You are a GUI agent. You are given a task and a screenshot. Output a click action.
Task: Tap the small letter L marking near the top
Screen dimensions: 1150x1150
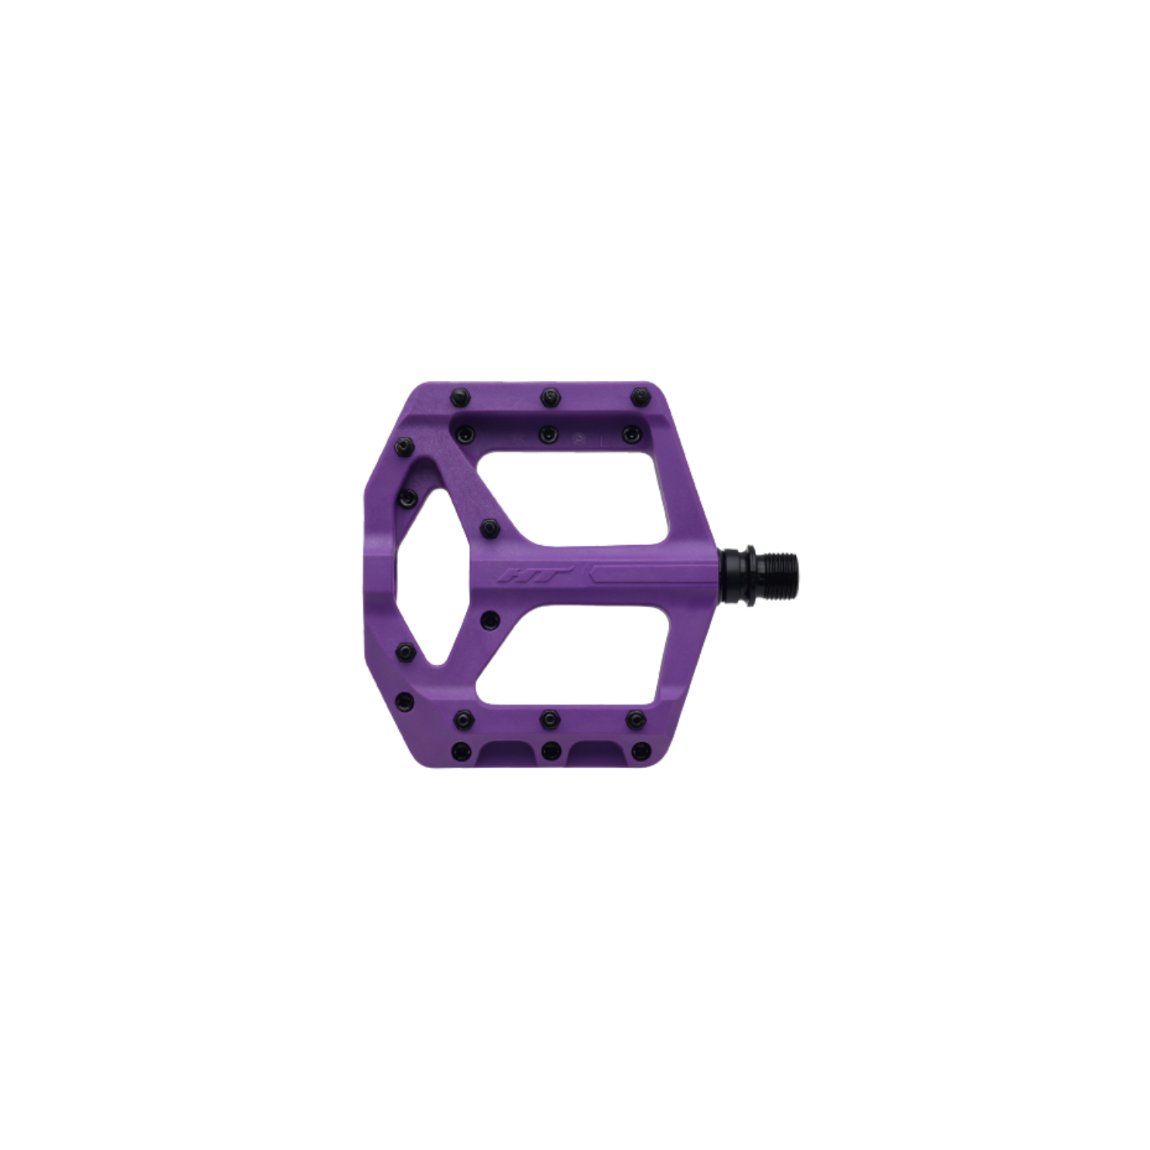click(x=606, y=438)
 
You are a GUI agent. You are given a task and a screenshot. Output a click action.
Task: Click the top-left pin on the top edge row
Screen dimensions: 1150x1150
click(x=456, y=398)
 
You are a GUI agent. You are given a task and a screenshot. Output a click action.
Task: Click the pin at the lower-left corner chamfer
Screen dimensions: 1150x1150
click(x=403, y=702)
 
